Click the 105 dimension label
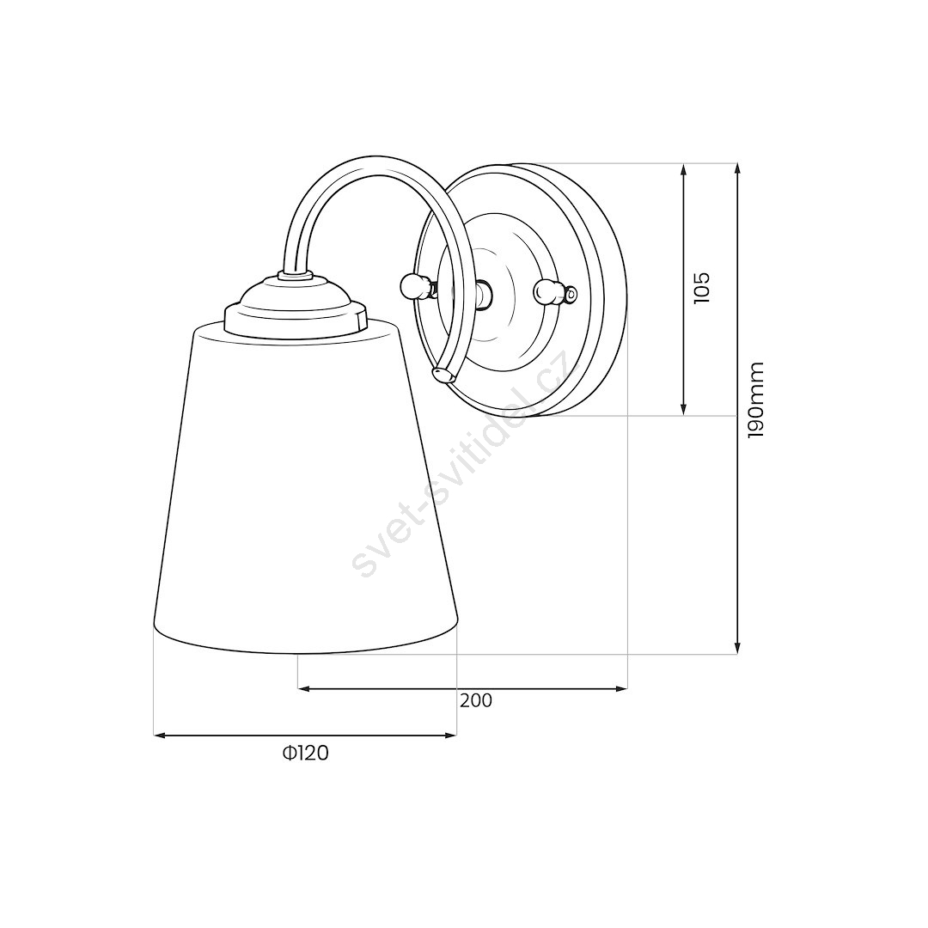click(x=701, y=288)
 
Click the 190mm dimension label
click(x=756, y=400)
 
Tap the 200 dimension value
click(x=476, y=701)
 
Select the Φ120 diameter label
click(x=305, y=753)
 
